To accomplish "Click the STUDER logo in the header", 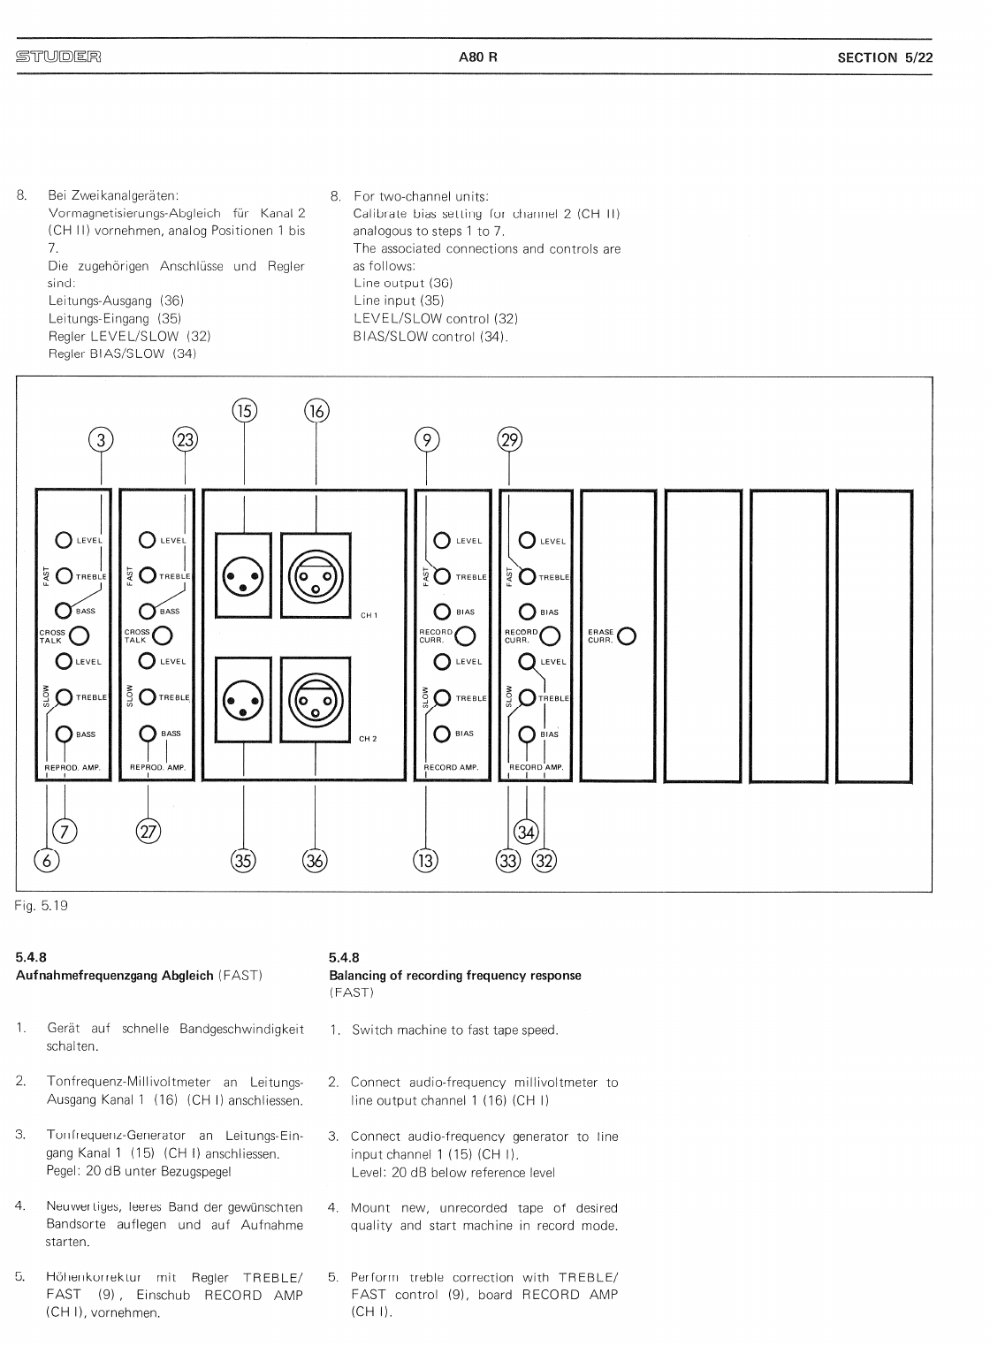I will tap(58, 57).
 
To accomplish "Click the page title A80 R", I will tap(478, 57).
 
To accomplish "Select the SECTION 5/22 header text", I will tap(885, 57).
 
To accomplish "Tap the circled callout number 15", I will tap(244, 411).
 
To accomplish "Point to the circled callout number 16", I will tap(316, 411).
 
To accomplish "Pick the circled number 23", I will tap(186, 439).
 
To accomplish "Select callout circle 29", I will tap(510, 439).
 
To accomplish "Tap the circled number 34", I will tap(527, 832).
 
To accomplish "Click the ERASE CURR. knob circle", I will tap(628, 636).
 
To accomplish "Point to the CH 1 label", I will tap(369, 615).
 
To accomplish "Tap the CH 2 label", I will tap(369, 738).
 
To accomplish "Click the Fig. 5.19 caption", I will tap(42, 906).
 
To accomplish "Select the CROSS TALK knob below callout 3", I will tap(79, 635).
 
